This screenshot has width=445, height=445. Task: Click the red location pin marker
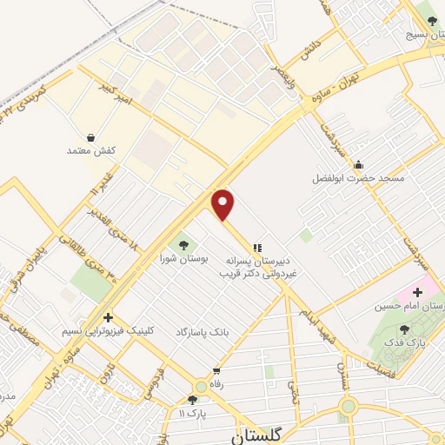(x=223, y=204)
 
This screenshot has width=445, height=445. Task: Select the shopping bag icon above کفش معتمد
(x=91, y=136)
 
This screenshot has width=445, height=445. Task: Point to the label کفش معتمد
(x=91, y=150)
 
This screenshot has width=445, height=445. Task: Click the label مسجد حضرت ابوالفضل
(x=359, y=178)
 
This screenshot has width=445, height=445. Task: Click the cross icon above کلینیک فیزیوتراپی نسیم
(x=108, y=317)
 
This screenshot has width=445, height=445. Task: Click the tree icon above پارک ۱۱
(x=192, y=400)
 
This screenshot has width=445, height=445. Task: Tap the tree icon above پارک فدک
(x=404, y=329)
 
